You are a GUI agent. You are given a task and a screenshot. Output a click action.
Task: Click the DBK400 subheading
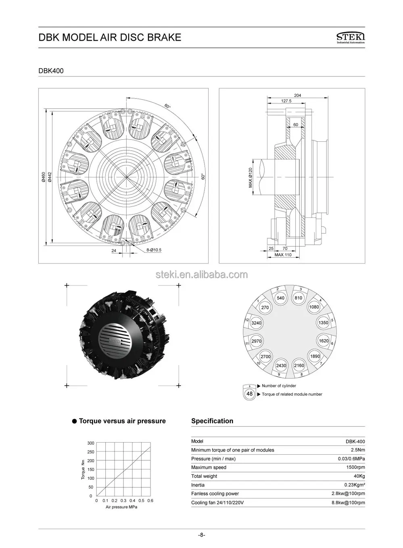[x=51, y=71]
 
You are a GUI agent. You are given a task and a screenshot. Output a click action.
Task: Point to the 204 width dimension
[x=297, y=95]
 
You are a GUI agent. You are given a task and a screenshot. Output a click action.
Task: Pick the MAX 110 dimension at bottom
[x=283, y=255]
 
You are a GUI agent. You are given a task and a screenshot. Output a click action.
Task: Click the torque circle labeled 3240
[x=256, y=323]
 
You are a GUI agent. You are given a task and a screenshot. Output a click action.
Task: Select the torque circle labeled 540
[x=280, y=298]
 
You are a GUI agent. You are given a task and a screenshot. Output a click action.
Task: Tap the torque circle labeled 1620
[x=324, y=341]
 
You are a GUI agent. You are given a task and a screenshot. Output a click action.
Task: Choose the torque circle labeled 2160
[x=299, y=365]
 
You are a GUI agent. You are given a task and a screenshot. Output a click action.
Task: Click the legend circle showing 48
[x=249, y=394]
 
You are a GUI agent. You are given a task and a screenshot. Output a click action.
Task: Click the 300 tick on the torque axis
[x=90, y=443]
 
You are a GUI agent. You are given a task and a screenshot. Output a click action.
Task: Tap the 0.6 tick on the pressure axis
[x=150, y=501]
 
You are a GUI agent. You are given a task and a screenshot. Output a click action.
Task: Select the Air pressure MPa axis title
[x=121, y=507]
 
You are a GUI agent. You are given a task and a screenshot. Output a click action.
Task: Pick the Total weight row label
[x=204, y=476]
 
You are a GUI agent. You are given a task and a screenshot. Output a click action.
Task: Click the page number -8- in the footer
[x=202, y=535]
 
